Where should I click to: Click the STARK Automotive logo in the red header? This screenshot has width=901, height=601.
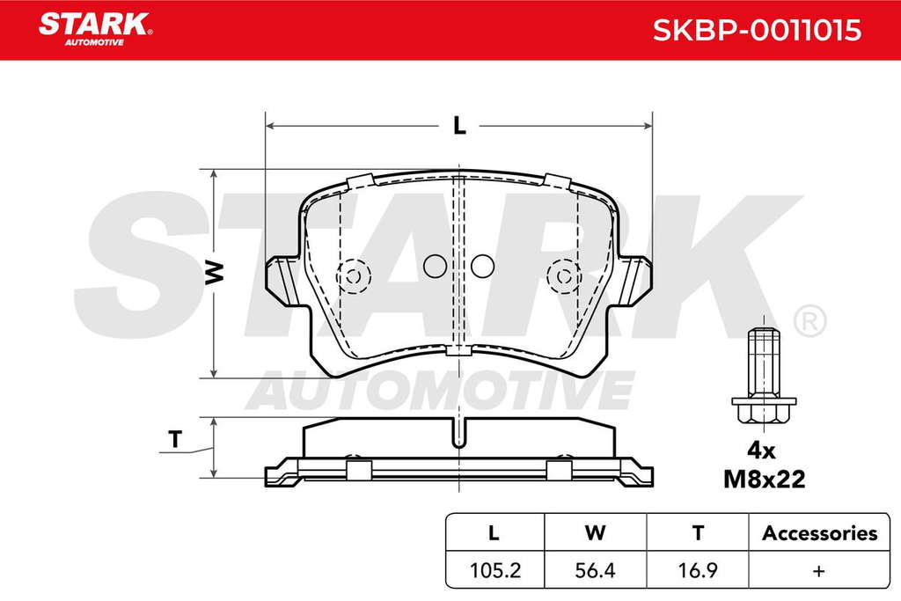95,29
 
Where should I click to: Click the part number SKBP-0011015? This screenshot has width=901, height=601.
757,30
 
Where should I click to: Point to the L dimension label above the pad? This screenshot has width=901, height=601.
459,126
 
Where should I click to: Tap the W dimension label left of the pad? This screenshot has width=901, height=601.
214,272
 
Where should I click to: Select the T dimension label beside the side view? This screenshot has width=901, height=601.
175,440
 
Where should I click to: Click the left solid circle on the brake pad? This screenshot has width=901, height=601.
435,266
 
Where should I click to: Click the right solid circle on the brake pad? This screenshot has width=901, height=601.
483,266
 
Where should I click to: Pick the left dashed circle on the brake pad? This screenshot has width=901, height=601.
354,276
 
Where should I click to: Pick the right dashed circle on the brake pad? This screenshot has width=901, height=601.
564,276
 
